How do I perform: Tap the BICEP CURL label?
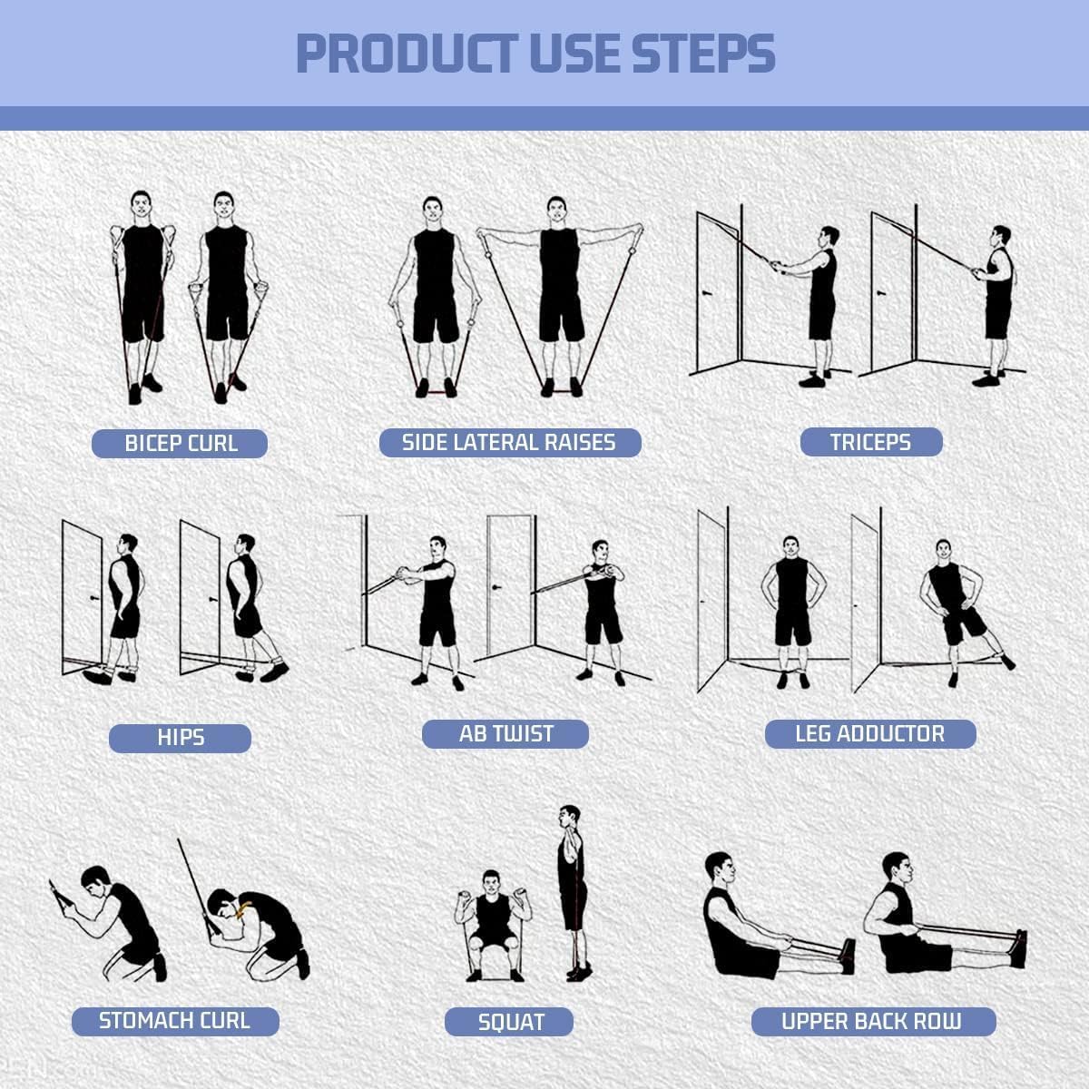pyautogui.click(x=180, y=444)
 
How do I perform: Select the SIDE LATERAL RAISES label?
pyautogui.click(x=509, y=442)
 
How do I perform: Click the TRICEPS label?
pyautogui.click(x=870, y=442)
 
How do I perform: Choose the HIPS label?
pyautogui.click(x=180, y=738)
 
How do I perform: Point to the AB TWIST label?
pyautogui.click(x=505, y=734)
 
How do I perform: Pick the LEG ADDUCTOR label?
pyautogui.click(x=869, y=734)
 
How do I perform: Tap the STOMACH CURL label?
pyautogui.click(x=174, y=1021)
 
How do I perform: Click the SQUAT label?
pyautogui.click(x=509, y=1022)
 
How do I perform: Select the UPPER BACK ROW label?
pyautogui.click(x=872, y=1022)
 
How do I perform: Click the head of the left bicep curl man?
pyautogui.click(x=141, y=202)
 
